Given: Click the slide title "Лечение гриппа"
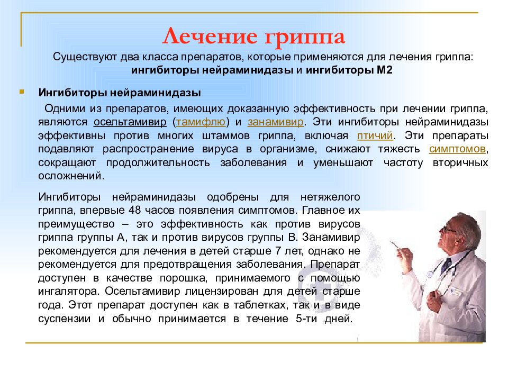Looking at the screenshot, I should point(253,37).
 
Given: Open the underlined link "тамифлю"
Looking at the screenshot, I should point(202,122).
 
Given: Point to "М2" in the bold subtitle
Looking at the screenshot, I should point(384,70).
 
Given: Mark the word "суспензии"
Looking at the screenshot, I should point(63,319).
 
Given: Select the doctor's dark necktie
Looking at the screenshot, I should point(446,265).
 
